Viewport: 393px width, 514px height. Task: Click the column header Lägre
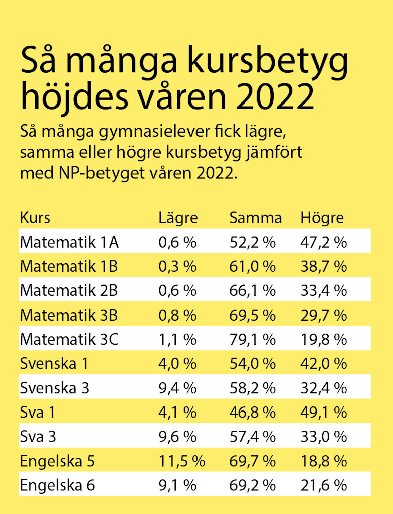(178, 218)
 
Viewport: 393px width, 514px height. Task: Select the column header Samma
(255, 218)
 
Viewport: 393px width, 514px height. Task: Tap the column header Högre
(322, 218)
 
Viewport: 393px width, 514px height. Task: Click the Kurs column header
(35, 218)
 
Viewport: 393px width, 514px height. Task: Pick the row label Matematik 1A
(69, 242)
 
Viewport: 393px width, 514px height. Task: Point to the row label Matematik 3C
(69, 340)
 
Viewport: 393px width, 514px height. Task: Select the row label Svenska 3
(55, 388)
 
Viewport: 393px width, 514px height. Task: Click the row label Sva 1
(37, 413)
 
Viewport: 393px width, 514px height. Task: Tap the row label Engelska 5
(57, 461)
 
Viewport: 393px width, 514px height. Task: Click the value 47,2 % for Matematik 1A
(323, 242)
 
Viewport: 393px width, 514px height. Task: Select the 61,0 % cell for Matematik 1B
(252, 266)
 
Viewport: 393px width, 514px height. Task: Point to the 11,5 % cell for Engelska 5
(181, 461)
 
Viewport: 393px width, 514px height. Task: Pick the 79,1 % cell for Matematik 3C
(252, 340)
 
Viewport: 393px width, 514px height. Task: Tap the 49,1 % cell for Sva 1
(323, 413)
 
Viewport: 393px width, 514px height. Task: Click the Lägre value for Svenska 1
(177, 364)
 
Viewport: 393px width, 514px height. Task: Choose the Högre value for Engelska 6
(323, 485)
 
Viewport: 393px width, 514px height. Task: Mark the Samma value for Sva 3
(252, 437)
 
